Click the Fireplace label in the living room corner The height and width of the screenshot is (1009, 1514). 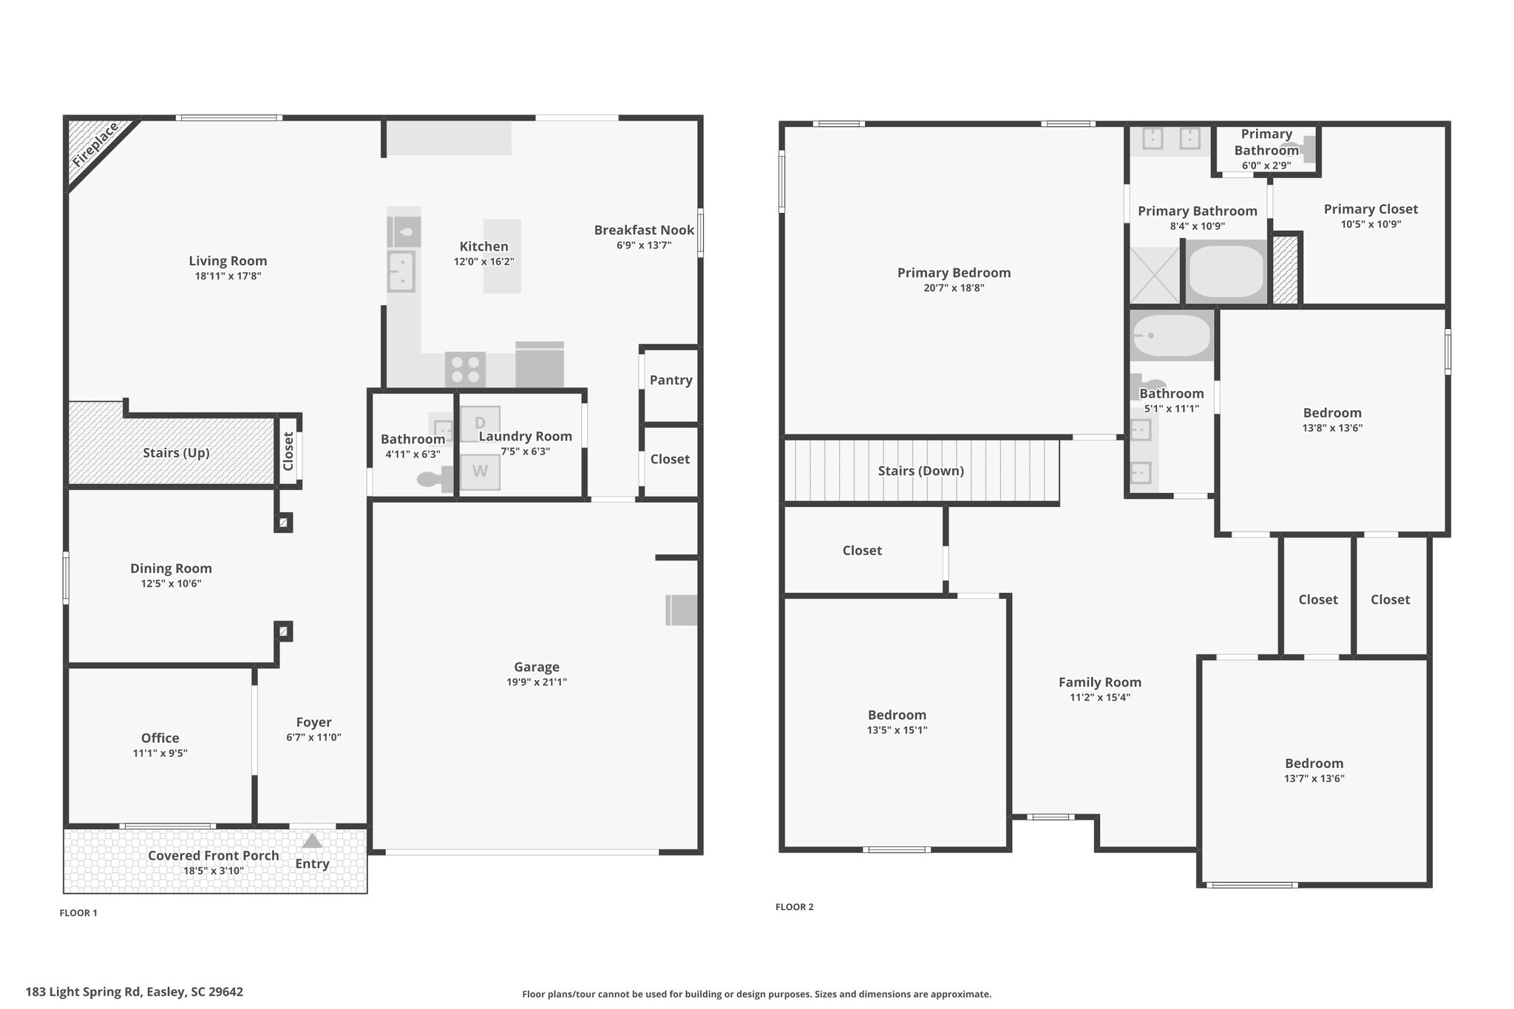click(x=96, y=146)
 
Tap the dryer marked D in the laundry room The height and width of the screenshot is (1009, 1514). click(x=480, y=424)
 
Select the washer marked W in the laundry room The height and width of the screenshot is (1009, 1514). click(x=480, y=472)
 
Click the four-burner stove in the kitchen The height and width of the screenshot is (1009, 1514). click(x=465, y=370)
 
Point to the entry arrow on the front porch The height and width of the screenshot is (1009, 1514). click(x=312, y=840)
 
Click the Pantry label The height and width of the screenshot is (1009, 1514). click(x=671, y=380)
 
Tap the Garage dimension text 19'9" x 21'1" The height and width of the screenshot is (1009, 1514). click(x=537, y=682)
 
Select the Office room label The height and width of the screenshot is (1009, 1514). click(x=160, y=738)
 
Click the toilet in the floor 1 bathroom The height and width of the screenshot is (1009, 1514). click(x=435, y=479)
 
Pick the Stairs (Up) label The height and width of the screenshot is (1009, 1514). click(x=176, y=452)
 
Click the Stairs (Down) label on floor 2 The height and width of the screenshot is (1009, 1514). click(x=920, y=471)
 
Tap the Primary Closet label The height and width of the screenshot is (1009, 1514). click(x=1371, y=209)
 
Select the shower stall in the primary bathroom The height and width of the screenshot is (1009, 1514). click(x=1155, y=274)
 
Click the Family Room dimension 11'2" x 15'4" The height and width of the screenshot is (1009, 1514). click(x=1100, y=697)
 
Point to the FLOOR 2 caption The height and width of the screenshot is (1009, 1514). click(x=794, y=907)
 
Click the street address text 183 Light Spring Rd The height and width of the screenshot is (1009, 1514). click(x=83, y=992)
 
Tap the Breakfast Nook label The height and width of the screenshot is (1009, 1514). click(x=644, y=230)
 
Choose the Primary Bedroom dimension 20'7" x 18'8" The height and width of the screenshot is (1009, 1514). click(x=954, y=288)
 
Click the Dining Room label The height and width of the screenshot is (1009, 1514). click(x=171, y=568)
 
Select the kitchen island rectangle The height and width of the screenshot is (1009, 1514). click(x=502, y=257)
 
